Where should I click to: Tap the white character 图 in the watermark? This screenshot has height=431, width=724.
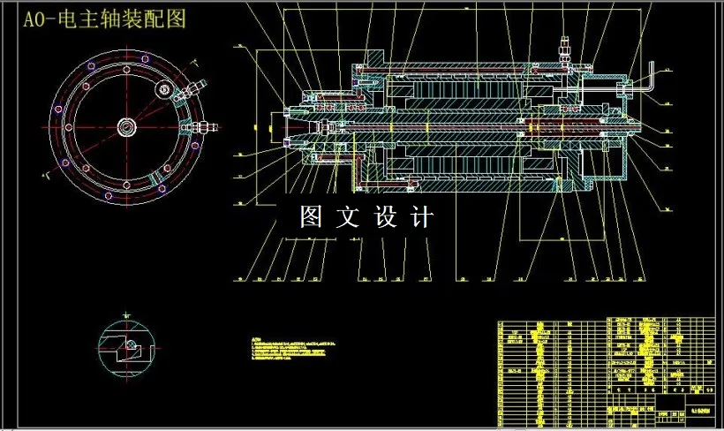pos(311,216)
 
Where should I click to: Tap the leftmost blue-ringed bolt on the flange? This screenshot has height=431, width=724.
pos(58,126)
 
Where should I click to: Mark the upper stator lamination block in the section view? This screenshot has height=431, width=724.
pos(459,88)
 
